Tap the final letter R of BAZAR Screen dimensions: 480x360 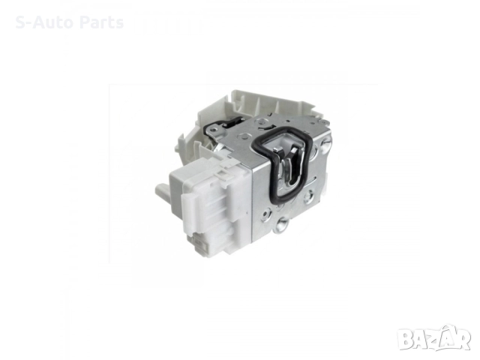click(x=463, y=338)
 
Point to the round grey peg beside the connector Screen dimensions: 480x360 click(x=162, y=190)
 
